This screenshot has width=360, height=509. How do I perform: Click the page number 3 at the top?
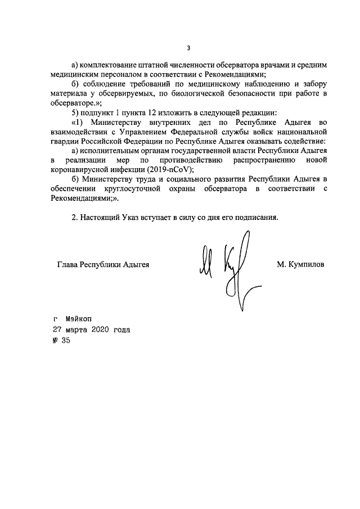(x=189, y=47)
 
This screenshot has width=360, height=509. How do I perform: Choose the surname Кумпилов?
(x=307, y=264)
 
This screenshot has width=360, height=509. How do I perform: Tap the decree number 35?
(x=64, y=340)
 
